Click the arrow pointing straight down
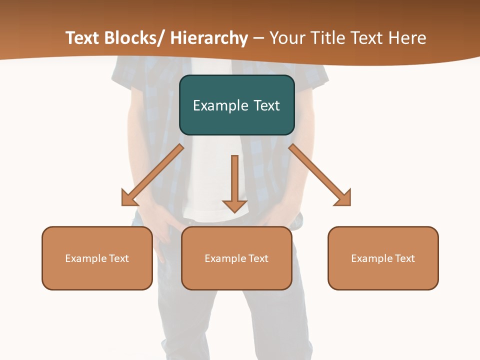tap(234, 185)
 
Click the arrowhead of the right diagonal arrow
tap(342, 197)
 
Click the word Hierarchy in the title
tap(209, 38)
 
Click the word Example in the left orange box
tap(85, 258)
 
